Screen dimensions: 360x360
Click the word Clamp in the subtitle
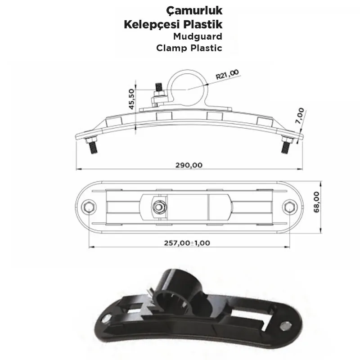[x=173, y=48]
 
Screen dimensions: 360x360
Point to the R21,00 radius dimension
[x=227, y=74]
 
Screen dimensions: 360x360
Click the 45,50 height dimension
[x=131, y=99]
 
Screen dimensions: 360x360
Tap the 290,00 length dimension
[x=189, y=165]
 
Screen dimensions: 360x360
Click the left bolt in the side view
[x=91, y=146]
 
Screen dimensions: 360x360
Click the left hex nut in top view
[x=89, y=207]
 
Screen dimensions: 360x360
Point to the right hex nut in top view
[x=289, y=207]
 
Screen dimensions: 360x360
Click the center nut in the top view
[x=158, y=207]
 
